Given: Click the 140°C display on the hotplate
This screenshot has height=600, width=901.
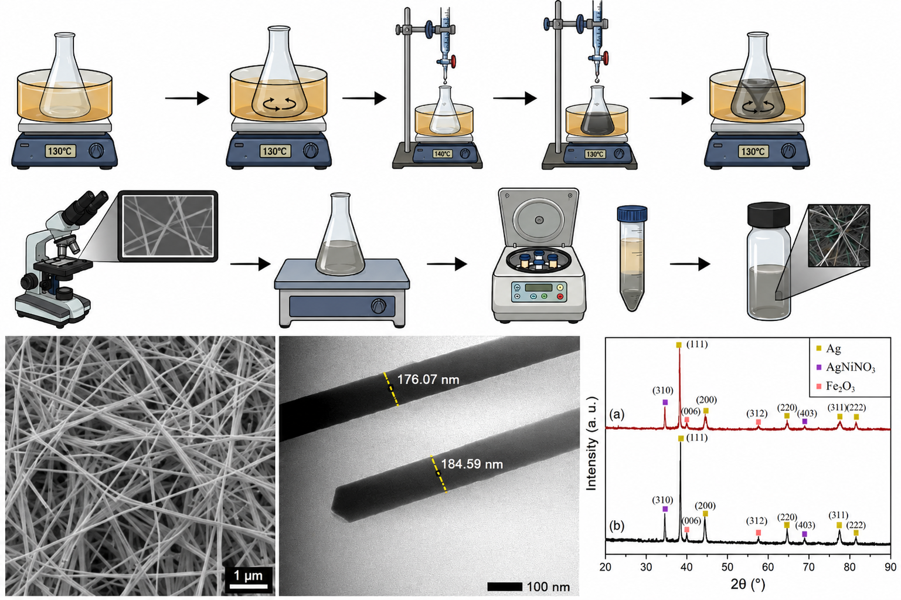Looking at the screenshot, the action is coord(442,154).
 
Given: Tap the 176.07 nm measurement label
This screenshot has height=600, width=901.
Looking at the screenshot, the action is coord(428,379).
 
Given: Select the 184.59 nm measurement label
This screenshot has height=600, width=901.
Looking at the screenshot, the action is coord(472,464).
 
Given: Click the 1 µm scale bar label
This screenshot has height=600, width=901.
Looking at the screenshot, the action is coord(248,575).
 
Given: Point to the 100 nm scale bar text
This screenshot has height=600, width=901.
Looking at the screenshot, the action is coord(548,587).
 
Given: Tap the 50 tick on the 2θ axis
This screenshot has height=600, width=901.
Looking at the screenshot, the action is coord(727,567).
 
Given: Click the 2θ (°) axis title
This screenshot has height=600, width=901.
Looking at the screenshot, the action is coord(748,584).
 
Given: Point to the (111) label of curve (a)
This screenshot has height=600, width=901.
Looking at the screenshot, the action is coord(696,344).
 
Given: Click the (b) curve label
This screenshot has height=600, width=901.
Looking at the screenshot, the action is coord(617,526).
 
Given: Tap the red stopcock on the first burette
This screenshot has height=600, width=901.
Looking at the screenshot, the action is coord(453,62).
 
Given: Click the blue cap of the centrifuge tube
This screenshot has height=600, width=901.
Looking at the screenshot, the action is coord(632,213).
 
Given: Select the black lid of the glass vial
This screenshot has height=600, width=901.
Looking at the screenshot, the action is coord(769,215).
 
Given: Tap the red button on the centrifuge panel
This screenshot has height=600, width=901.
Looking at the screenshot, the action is coord(560,297).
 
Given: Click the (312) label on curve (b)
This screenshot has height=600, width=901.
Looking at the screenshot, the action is coord(757,521).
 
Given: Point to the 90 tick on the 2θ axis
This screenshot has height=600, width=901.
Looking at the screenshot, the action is coord(890,567).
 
